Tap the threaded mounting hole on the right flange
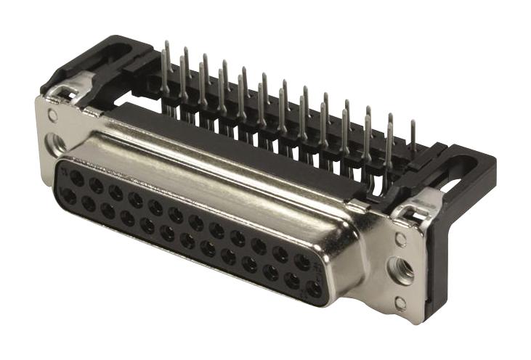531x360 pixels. (402, 269)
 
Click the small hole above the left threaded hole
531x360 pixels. (52, 115)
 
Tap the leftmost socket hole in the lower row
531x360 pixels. (69, 196)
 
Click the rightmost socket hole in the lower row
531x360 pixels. (313, 288)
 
